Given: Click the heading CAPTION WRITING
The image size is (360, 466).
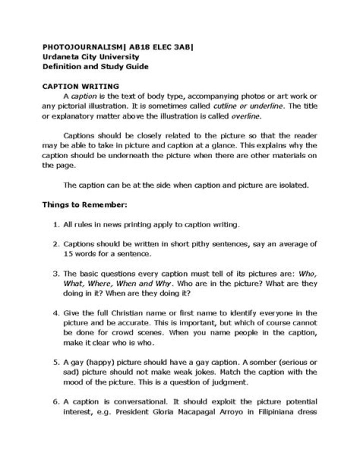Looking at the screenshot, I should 80,86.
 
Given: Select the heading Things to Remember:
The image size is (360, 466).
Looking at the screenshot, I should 78,205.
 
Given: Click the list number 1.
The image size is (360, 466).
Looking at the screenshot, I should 56,225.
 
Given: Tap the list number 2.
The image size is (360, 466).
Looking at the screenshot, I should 56,244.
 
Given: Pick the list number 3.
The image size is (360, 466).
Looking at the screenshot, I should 56,274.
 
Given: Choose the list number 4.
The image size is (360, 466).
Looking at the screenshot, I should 56,313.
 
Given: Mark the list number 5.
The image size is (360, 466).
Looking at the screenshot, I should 56,362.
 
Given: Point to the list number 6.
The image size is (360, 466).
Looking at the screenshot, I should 56,402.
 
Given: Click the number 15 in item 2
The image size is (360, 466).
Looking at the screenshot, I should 68,254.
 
